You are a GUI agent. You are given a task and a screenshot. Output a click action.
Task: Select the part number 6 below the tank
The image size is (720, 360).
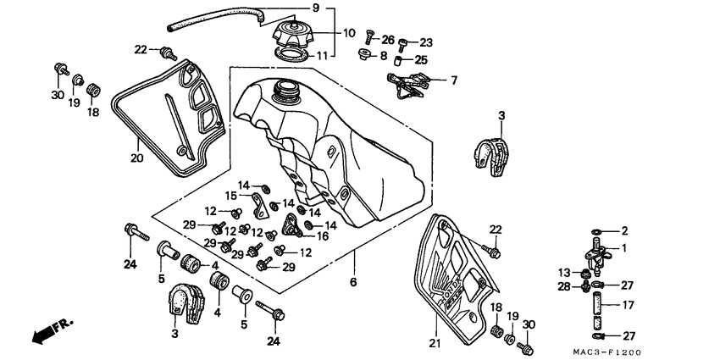coord(352,281)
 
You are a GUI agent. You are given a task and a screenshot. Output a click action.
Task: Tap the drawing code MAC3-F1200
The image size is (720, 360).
coord(606,352)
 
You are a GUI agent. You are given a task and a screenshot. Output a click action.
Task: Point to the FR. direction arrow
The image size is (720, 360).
coord(52,331)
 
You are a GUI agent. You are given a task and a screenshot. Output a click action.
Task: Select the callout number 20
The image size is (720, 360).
coord(136,158)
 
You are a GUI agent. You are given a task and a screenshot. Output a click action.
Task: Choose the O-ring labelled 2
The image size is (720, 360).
coord(595,231)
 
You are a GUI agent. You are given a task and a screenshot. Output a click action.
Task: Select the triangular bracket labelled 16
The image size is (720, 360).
coord(292,225)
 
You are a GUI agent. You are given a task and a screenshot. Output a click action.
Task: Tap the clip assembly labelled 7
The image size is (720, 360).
coord(408,85)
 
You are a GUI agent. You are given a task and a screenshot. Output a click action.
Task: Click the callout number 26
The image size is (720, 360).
coord(388,40)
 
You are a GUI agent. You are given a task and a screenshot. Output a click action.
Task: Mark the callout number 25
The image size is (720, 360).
coord(421,59)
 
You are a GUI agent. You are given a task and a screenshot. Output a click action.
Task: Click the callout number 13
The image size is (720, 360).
coord(564,272)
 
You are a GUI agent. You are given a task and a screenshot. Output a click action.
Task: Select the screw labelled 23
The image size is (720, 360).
coord(402,45)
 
